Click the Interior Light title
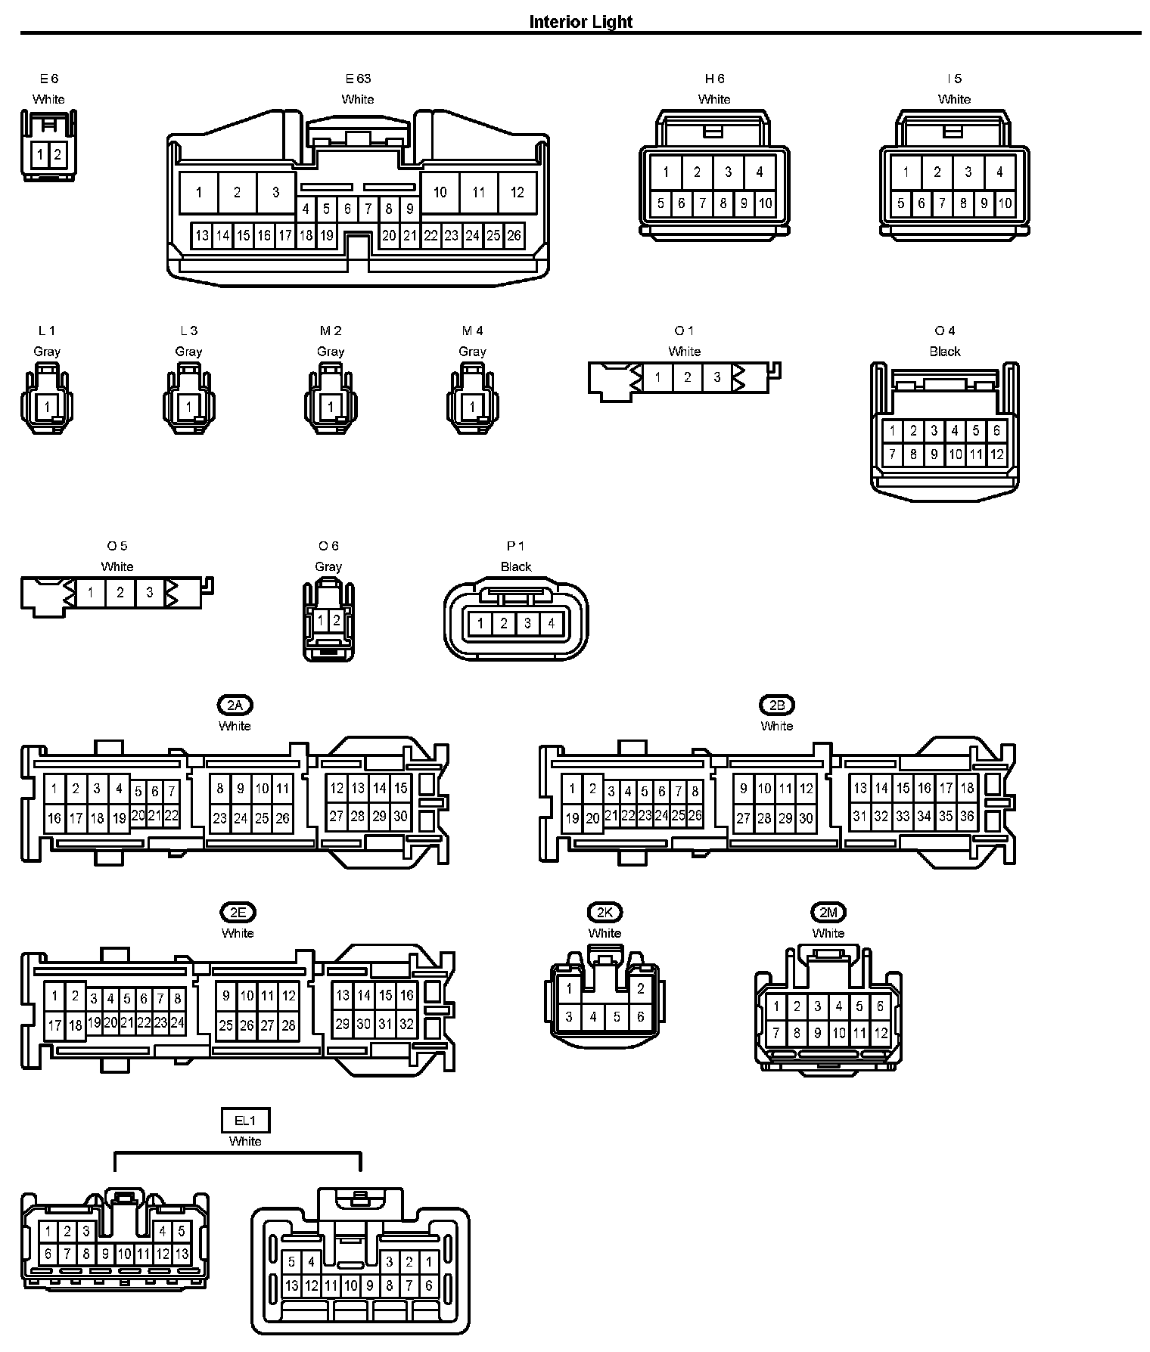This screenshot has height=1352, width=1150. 580,21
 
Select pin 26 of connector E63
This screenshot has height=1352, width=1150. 514,235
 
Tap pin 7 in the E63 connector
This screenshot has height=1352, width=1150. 368,209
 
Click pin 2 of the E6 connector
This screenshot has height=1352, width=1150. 57,156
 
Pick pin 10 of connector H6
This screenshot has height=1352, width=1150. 765,203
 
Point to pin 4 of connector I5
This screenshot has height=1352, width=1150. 999,172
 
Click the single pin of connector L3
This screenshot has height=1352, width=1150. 188,407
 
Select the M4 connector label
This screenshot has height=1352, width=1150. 472,330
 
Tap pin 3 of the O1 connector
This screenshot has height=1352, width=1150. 716,377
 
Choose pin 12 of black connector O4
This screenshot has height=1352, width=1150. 996,454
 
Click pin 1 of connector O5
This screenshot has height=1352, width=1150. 91,592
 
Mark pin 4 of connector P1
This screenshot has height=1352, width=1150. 552,624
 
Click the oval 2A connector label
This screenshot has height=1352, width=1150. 235,705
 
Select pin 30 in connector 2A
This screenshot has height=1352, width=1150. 400,816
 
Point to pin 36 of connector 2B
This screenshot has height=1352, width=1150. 967,816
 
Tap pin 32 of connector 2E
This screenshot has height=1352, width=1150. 406,1025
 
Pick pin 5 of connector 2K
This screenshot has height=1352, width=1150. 617,1017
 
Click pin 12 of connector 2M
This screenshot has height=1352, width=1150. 881,1033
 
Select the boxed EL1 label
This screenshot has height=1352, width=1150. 245,1121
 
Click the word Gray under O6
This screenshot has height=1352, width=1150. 328,566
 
